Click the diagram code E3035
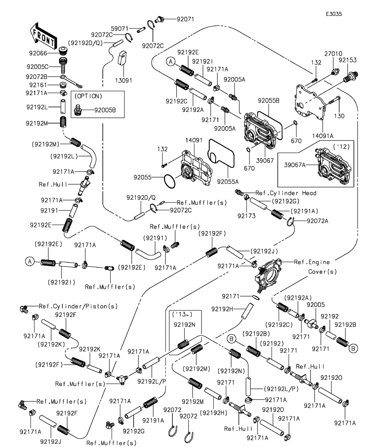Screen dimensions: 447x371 tap(334, 14)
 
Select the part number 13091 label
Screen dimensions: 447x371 tap(123, 80)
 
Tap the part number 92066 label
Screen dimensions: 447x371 tap(38, 53)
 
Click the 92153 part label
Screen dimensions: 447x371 tap(348, 59)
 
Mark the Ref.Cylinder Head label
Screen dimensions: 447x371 tap(286, 193)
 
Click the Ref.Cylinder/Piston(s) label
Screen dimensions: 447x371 tap(78, 306)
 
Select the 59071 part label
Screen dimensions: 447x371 tap(120, 28)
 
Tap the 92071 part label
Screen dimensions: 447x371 tap(186, 19)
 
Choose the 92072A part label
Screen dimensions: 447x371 tap(318, 221)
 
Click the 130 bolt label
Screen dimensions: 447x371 tap(339, 116)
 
